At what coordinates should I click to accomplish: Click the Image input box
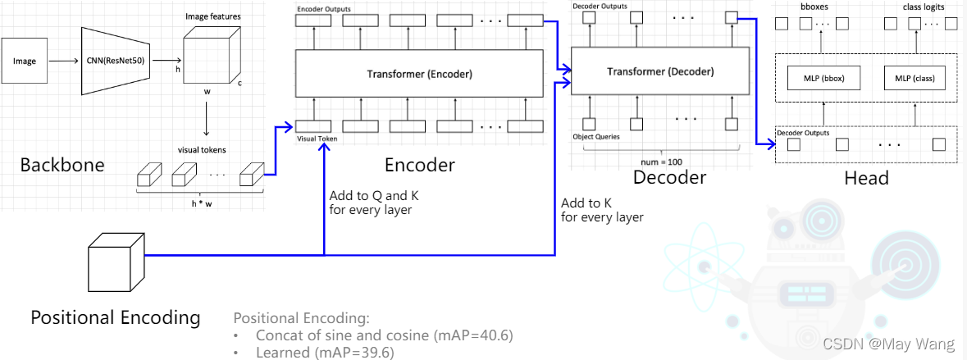point(25,62)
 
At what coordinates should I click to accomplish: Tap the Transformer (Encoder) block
point(419,74)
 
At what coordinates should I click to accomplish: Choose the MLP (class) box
point(915,80)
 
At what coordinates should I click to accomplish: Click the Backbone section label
point(63,165)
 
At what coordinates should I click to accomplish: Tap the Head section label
point(867,177)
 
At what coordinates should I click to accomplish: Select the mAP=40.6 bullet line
point(385,335)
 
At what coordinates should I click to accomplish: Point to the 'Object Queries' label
point(597,136)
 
